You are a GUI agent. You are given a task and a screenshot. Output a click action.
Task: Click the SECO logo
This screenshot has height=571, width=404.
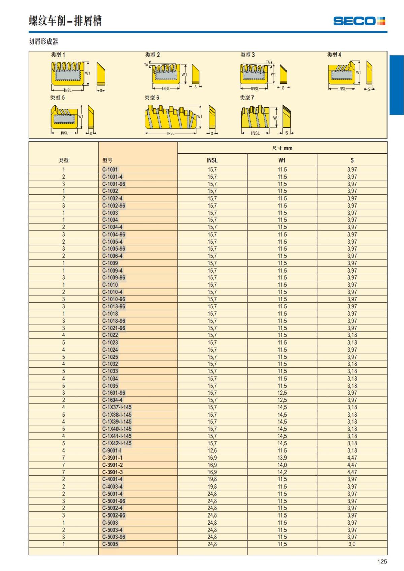359,21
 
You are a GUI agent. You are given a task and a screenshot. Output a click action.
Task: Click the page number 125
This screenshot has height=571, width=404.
382,561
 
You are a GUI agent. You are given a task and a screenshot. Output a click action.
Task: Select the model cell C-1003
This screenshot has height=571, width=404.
110,213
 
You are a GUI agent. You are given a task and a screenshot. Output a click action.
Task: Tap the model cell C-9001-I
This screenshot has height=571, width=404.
112,451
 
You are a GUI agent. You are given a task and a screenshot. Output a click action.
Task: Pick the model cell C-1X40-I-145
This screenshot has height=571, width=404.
117,429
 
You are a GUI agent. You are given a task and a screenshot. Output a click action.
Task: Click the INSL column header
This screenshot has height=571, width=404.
212,160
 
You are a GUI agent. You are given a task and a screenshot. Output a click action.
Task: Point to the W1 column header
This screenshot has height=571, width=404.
282,160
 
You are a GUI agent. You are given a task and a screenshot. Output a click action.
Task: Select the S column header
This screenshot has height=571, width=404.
352,160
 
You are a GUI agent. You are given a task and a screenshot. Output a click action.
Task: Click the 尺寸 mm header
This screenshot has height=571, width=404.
282,148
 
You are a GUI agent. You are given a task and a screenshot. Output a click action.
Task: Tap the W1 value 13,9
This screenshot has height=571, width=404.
282,458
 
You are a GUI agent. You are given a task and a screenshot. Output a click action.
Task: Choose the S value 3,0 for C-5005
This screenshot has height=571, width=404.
352,544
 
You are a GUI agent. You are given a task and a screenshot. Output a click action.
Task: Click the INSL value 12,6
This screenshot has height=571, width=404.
212,451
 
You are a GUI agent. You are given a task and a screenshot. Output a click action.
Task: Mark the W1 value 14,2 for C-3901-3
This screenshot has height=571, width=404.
282,472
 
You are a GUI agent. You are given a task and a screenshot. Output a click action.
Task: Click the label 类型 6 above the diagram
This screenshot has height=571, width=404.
152,98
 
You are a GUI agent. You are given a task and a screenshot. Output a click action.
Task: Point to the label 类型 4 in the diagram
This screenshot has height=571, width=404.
334,55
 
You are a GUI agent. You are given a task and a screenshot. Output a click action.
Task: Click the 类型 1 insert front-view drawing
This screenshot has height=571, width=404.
67,73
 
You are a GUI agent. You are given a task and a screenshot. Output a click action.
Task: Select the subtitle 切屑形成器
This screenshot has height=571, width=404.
43,42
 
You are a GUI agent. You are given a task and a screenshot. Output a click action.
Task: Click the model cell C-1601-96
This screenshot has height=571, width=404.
114,393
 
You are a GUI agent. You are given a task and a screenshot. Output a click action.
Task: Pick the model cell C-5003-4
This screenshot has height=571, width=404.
112,530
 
